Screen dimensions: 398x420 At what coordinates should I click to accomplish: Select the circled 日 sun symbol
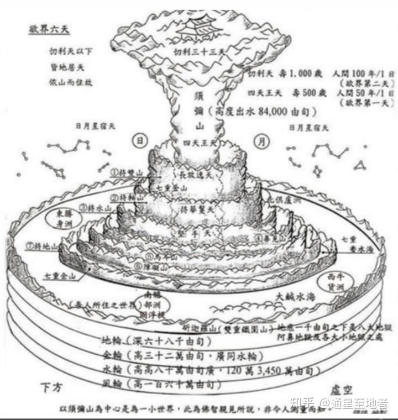[x=140, y=140]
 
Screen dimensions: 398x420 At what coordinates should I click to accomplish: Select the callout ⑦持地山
[x=45, y=245]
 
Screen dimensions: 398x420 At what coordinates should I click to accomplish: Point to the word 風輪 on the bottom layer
[x=113, y=383]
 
